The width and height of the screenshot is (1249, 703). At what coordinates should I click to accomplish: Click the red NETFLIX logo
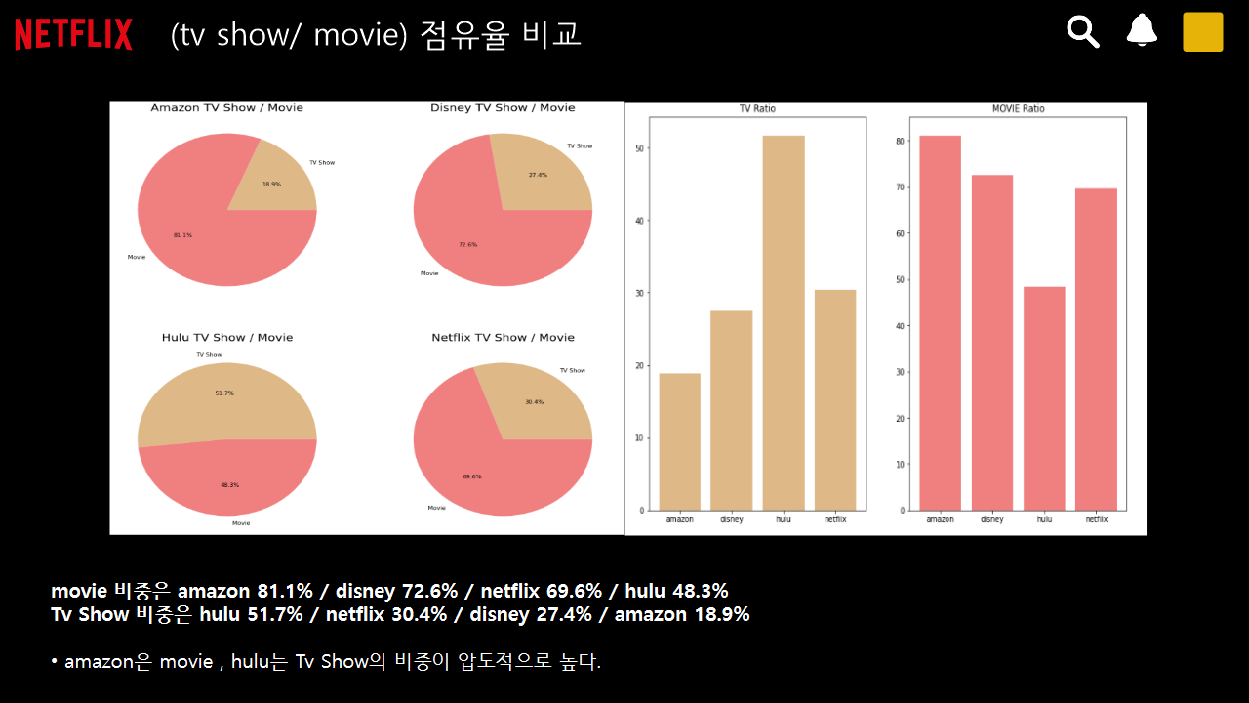73,34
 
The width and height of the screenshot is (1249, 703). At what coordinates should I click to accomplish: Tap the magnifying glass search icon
1083,31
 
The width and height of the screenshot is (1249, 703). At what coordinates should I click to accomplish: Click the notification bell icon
1142,30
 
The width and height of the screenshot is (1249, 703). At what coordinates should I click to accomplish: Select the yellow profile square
1202,31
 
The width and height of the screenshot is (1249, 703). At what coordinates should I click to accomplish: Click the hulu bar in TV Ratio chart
784,322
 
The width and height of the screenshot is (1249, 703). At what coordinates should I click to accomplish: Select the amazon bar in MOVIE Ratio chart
940,322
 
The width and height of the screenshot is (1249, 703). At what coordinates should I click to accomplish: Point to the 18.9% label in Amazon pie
271,184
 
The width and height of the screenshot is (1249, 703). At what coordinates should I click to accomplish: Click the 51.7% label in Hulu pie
224,393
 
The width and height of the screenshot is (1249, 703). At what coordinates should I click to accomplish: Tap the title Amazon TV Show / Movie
226,108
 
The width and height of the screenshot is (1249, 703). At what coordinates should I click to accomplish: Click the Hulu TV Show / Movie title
226,338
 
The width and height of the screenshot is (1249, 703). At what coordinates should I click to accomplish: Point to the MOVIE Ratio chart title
1018,109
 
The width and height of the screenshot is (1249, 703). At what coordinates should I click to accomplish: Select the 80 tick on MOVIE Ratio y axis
900,141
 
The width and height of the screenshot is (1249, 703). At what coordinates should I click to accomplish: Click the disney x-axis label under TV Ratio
732,519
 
